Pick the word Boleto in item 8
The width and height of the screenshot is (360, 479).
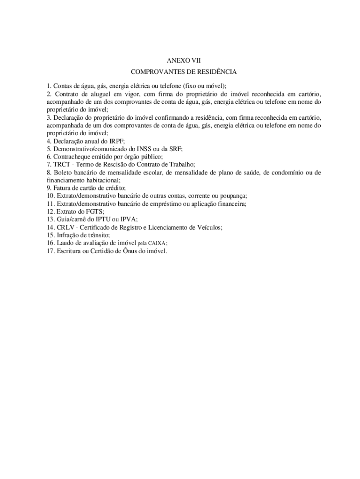pyautogui.click(x=63, y=172)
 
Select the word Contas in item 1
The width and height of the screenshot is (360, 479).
pyautogui.click(x=62, y=86)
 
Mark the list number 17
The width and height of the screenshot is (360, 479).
pyautogui.click(x=50, y=251)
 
